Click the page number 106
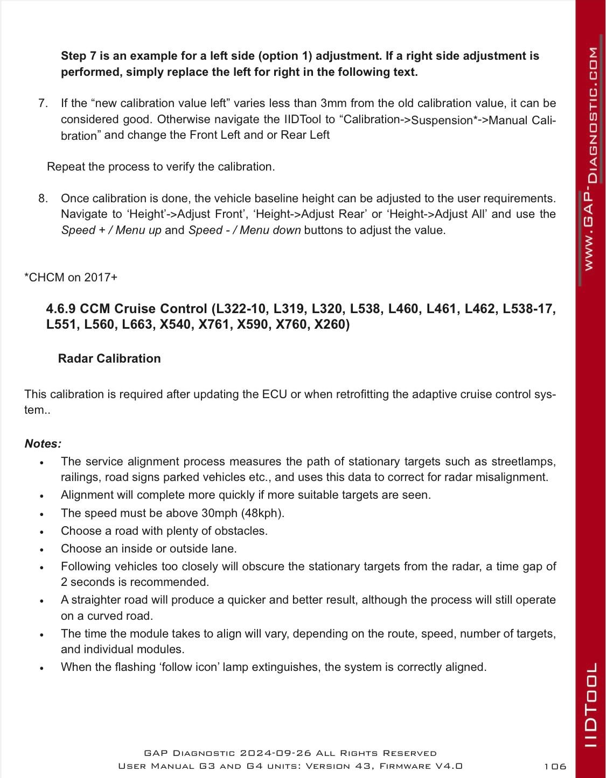tap(554, 766)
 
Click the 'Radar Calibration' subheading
tap(109, 359)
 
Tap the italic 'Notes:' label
tap(43, 444)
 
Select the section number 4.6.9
tap(61, 309)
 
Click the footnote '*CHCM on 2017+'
tap(71, 278)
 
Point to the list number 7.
tap(44, 103)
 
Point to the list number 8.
tap(44, 199)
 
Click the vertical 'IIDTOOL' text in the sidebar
tap(591, 704)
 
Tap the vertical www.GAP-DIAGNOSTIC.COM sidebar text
tap(591, 159)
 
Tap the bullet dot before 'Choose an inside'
tap(41, 549)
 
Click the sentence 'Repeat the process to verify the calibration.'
tap(161, 167)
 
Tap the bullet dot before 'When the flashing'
tap(41, 668)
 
